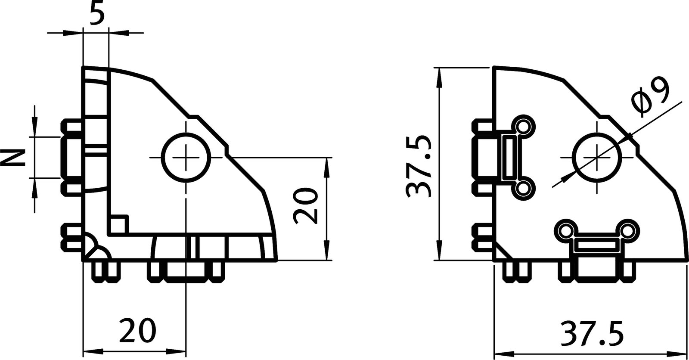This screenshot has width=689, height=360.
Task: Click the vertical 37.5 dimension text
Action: click(419, 167)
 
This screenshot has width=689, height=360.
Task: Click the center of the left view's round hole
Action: click(187, 158)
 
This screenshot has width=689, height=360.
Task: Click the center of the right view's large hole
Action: click(598, 158)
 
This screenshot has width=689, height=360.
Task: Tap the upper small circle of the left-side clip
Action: click(524, 127)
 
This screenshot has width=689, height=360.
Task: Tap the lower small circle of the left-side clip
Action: click(524, 188)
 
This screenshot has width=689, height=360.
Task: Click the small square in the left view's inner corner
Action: click(118, 225)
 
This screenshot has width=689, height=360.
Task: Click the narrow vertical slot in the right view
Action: click(511, 157)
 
